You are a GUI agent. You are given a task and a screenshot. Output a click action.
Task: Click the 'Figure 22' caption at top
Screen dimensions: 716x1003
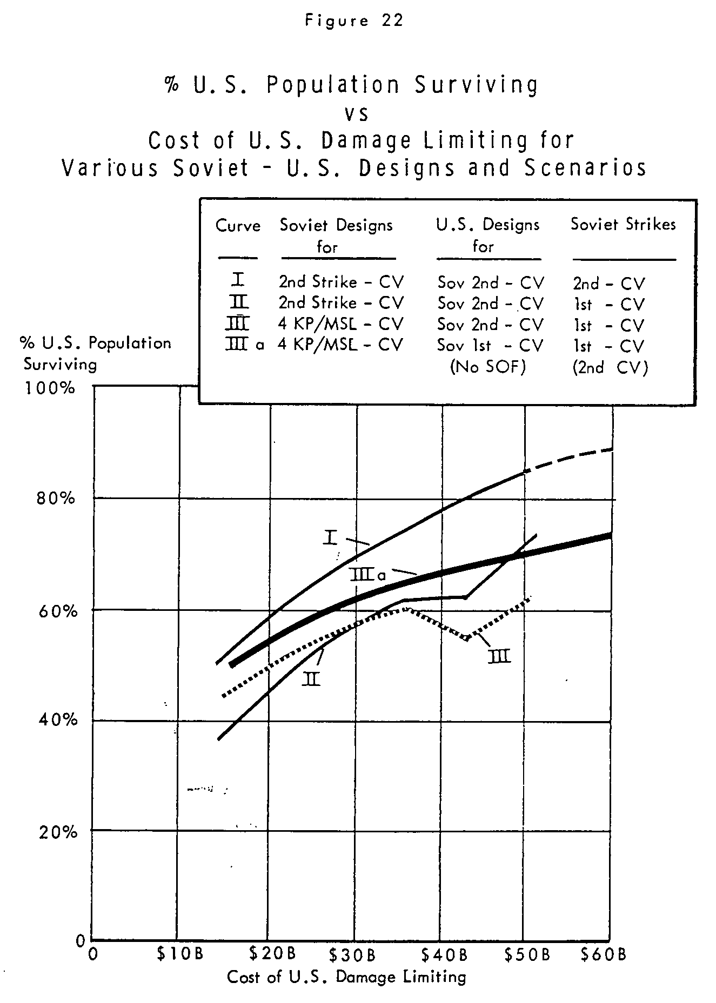click(x=354, y=21)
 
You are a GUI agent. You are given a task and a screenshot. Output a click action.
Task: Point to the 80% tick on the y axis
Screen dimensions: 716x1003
click(x=56, y=497)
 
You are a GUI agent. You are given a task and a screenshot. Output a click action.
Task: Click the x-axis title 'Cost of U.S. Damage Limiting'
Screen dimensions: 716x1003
click(x=346, y=977)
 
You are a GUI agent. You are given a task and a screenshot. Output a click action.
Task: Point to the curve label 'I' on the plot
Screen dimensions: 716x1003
click(x=331, y=537)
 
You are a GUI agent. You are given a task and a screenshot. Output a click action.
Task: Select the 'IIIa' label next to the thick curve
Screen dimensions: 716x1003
click(x=367, y=574)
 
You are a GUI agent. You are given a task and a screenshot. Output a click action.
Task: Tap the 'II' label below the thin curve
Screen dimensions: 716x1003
click(x=311, y=678)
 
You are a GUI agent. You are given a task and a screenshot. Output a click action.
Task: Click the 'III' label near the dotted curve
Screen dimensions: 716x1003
click(x=499, y=656)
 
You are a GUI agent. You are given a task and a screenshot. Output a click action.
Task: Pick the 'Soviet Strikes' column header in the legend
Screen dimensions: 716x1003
click(x=623, y=224)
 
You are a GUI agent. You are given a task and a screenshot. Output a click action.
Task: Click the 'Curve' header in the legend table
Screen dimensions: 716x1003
click(x=238, y=225)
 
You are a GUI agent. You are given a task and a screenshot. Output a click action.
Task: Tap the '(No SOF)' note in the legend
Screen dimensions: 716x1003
click(x=488, y=367)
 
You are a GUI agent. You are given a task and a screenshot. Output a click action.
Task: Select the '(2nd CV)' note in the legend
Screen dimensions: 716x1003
click(x=610, y=368)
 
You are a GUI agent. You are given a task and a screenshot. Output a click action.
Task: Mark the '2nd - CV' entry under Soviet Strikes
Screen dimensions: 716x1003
click(x=609, y=283)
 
